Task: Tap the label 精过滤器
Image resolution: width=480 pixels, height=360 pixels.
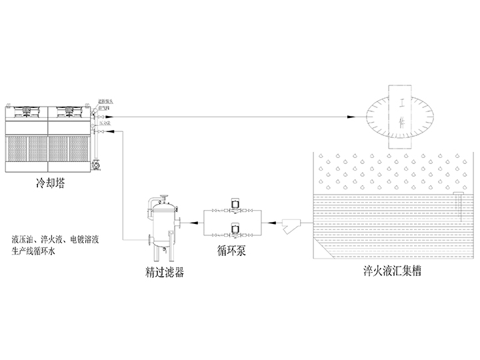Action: click(164, 272)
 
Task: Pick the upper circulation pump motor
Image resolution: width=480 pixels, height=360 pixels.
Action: click(235, 203)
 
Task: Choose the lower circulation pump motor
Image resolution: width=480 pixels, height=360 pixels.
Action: click(235, 231)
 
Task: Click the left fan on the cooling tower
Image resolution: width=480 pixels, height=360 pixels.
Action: click(27, 110)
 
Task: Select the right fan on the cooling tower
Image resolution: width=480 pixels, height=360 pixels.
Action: click(68, 110)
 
